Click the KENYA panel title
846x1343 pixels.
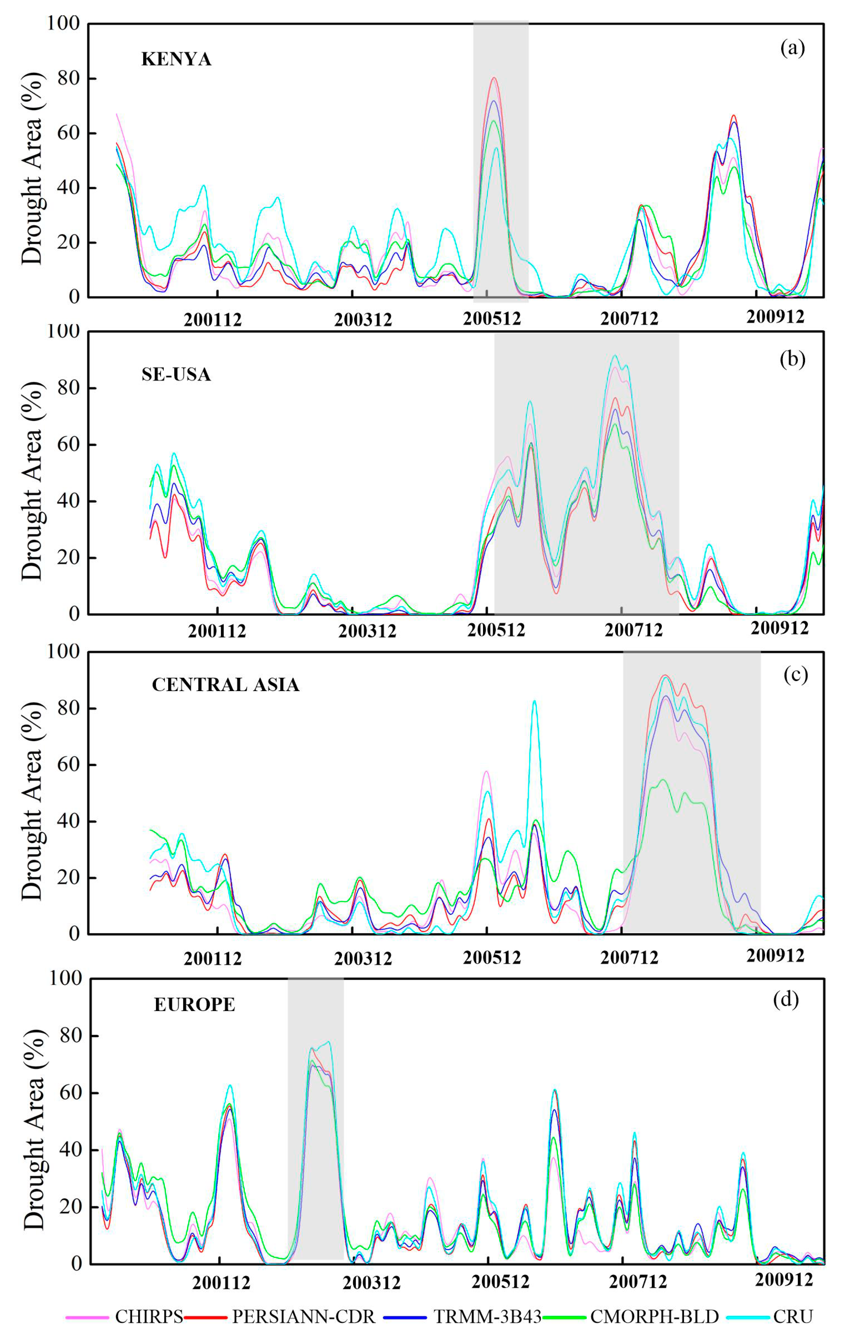pos(176,59)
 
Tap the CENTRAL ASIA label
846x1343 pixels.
pos(225,684)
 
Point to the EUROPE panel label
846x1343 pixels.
pos(194,1005)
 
